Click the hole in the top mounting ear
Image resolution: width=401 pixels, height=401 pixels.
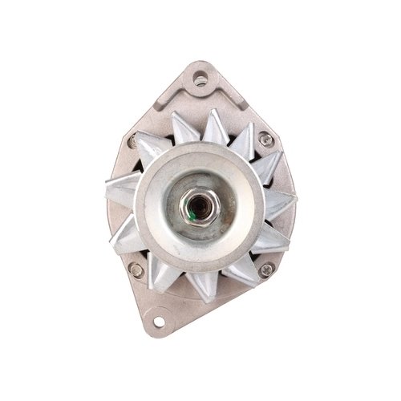click(x=200, y=79)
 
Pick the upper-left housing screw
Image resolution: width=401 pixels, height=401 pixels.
click(x=133, y=143)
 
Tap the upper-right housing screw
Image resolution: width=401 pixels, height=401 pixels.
click(x=265, y=140)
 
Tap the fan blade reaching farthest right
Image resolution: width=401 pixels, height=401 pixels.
click(x=281, y=200)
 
